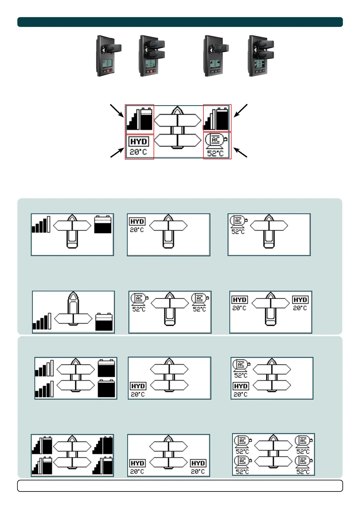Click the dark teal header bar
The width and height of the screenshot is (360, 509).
pyautogui.click(x=180, y=22)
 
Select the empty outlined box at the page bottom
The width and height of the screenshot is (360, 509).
pyautogui.click(x=180, y=486)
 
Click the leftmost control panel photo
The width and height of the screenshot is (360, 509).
pyautogui.click(x=108, y=56)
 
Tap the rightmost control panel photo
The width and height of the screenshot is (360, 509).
pyautogui.click(x=261, y=56)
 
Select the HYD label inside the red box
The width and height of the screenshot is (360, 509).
pyautogui.click(x=139, y=141)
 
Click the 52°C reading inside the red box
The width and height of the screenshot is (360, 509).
pyautogui.click(x=215, y=154)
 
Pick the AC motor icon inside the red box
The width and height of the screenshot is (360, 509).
pyautogui.click(x=216, y=140)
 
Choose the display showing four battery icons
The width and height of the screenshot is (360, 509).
pyautogui.click(x=72, y=455)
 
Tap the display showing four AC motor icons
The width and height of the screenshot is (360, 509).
pyautogui.click(x=273, y=454)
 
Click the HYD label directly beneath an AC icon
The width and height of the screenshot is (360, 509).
pyautogui.click(x=241, y=386)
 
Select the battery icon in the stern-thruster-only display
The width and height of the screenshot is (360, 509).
pyautogui.click(x=104, y=322)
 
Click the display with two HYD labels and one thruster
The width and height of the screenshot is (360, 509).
pyautogui.click(x=271, y=312)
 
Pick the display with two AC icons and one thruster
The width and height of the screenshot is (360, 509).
pyautogui.click(x=170, y=312)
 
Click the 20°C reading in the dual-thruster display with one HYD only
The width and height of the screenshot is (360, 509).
pyautogui.click(x=138, y=394)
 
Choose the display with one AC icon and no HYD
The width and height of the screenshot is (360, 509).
pyautogui.click(x=269, y=235)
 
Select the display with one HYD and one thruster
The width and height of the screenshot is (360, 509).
pyautogui.click(x=168, y=235)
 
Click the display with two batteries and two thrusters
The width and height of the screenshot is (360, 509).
pyautogui.click(x=76, y=378)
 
